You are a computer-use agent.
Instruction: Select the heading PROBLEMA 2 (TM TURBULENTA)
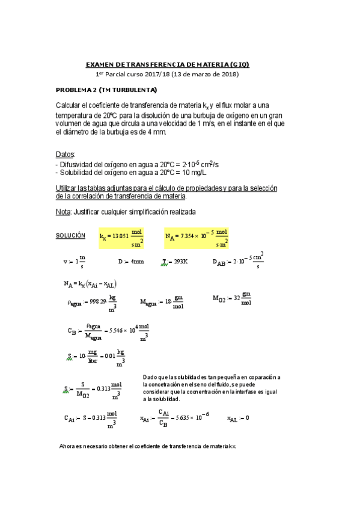click(x=106, y=90)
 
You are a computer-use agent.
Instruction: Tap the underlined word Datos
click(x=65, y=155)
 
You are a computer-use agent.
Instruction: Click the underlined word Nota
click(x=63, y=212)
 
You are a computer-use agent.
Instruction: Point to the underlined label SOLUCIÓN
click(x=70, y=235)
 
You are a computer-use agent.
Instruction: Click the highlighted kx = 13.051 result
click(x=122, y=238)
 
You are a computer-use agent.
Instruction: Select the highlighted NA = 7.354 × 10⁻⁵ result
click(x=197, y=238)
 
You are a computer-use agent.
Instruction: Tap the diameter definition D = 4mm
click(x=131, y=262)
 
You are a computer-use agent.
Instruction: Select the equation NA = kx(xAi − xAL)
click(x=90, y=284)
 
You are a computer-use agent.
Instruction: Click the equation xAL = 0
click(x=238, y=418)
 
